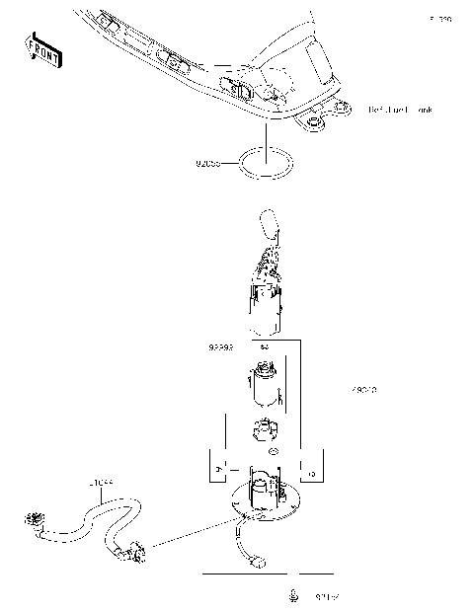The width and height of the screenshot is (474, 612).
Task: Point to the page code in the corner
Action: pos(439,19)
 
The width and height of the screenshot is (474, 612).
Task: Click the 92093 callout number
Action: pos(220,348)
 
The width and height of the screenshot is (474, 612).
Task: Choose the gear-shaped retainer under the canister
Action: pos(264,430)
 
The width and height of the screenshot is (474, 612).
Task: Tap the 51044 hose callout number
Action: pos(101,483)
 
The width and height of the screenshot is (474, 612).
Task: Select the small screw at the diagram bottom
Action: pos(293,596)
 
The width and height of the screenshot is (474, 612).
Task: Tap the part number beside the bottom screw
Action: pos(327,597)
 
